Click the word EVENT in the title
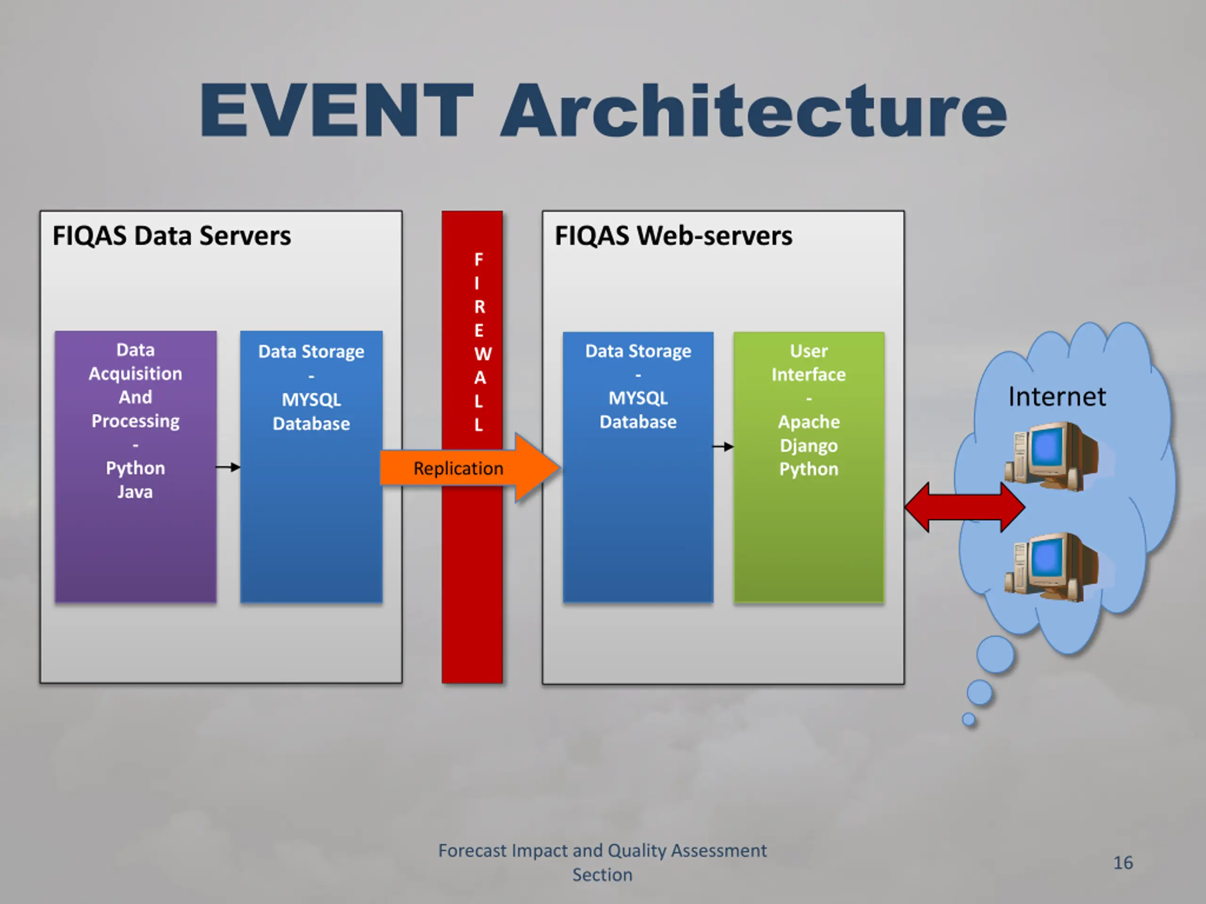pyautogui.click(x=336, y=110)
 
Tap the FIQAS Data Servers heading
pyautogui.click(x=172, y=236)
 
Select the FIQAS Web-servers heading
pyautogui.click(x=673, y=236)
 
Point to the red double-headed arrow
pyautogui.click(x=964, y=507)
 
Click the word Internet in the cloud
pyautogui.click(x=1057, y=396)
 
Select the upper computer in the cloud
pyautogui.click(x=1051, y=456)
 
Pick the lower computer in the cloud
pyautogui.click(x=1051, y=567)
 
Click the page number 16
pyautogui.click(x=1123, y=863)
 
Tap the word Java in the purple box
pyautogui.click(x=135, y=492)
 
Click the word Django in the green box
pyautogui.click(x=808, y=446)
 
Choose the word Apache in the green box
pyautogui.click(x=808, y=422)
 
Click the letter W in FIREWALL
pyautogui.click(x=482, y=354)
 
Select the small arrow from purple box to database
pyautogui.click(x=228, y=467)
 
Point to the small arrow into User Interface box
pyautogui.click(x=723, y=447)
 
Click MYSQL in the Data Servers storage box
pyautogui.click(x=311, y=400)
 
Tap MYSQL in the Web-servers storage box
pyautogui.click(x=638, y=398)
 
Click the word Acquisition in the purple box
pyautogui.click(x=135, y=374)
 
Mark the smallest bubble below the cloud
pyautogui.click(x=969, y=720)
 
